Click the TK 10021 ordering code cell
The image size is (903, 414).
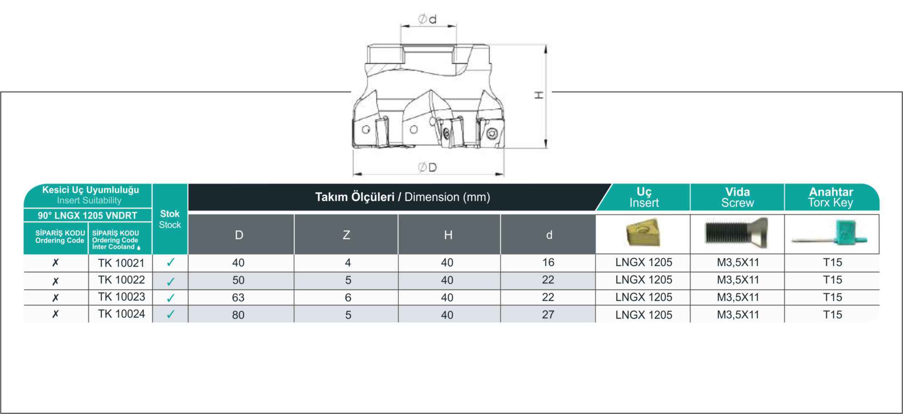coord(121,263)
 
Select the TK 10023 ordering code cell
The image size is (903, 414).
coord(121,297)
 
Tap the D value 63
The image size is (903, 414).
coord(238,298)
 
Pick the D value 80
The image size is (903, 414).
coord(238,315)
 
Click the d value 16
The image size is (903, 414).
coord(548,262)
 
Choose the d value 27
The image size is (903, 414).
coord(548,314)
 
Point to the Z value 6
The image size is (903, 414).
coord(348,298)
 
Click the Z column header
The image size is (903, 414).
coord(346,235)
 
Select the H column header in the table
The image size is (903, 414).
coord(449,235)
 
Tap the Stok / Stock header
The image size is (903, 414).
coord(170,219)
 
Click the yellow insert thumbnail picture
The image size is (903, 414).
coord(643,233)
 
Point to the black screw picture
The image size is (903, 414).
coord(736,233)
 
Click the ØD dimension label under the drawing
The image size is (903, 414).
coord(427,168)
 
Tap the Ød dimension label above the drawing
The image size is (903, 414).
coord(427,19)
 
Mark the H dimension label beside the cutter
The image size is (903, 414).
coord(539,95)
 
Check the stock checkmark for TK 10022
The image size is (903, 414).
coord(171,281)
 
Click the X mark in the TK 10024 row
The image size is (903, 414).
coord(55,314)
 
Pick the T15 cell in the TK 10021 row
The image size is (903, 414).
coord(832,262)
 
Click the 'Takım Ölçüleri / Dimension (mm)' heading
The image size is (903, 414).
coord(402,197)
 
